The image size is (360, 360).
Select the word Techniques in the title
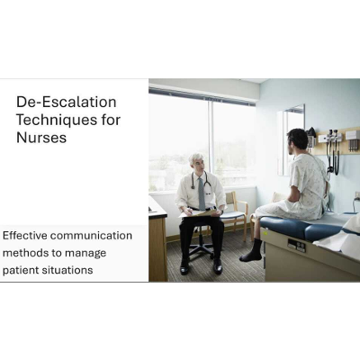55,121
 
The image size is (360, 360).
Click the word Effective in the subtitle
24,236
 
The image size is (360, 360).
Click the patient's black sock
254,251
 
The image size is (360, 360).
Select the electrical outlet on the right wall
356,196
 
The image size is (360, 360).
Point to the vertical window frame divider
211,144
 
